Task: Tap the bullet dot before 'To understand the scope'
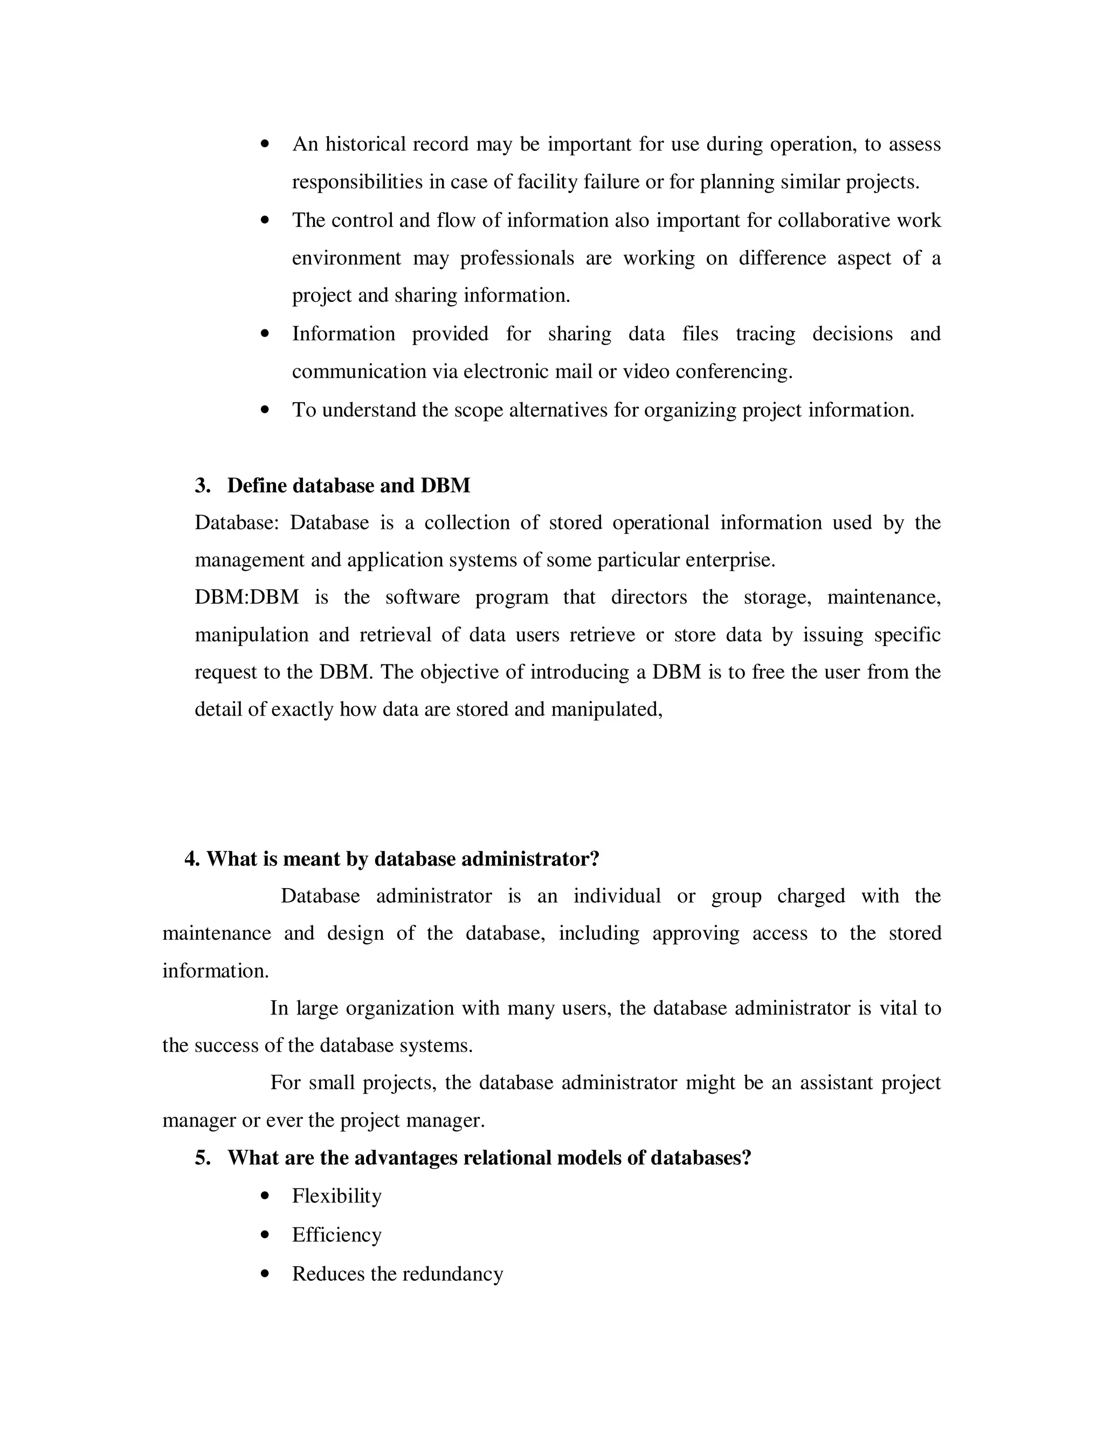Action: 265,410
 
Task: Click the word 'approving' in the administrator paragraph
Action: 696,933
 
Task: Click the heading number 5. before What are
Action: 203,1158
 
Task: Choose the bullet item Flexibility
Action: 336,1196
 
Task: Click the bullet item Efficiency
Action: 336,1235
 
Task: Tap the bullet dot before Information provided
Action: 265,334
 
